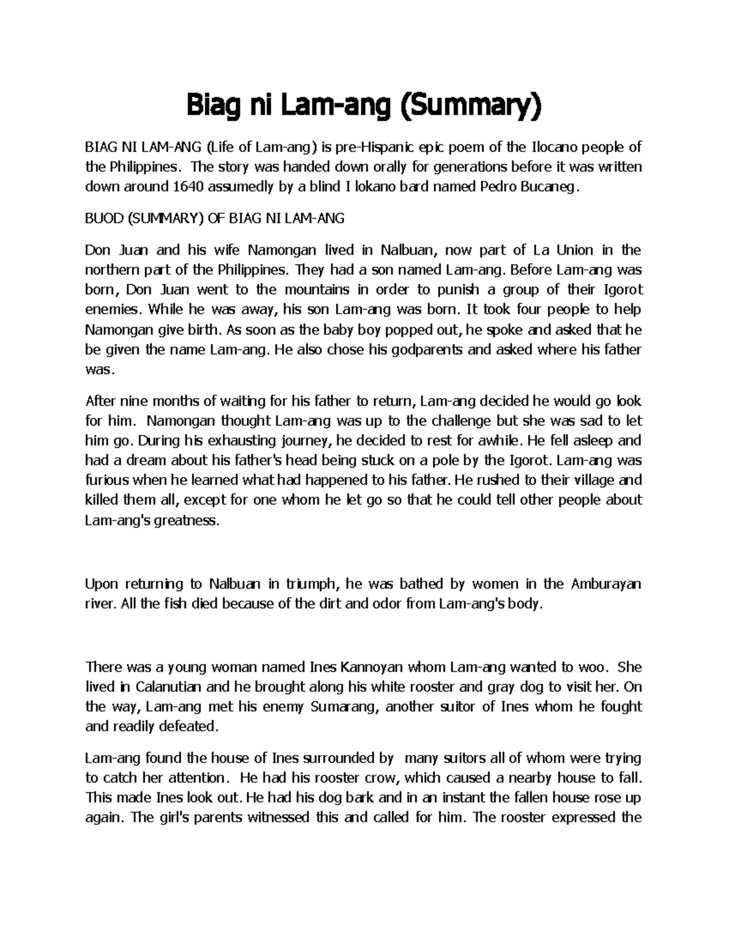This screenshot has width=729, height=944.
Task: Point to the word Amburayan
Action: click(606, 585)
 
